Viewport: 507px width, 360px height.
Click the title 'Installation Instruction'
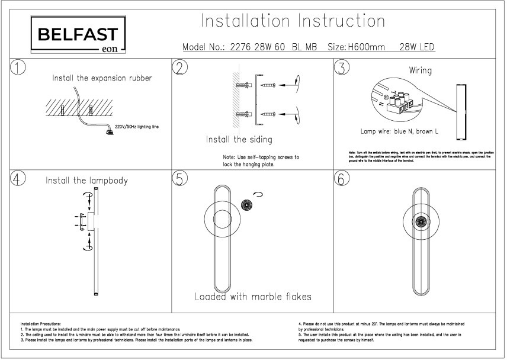click(x=293, y=21)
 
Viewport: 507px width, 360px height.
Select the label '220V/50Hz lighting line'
click(x=137, y=127)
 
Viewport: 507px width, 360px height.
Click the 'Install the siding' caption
click(x=239, y=140)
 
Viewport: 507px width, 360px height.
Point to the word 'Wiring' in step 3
click(x=421, y=70)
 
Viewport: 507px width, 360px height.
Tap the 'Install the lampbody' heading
click(x=87, y=180)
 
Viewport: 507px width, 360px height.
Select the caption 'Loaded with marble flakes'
click(x=253, y=296)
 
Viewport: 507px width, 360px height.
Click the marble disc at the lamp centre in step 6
click(x=421, y=224)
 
